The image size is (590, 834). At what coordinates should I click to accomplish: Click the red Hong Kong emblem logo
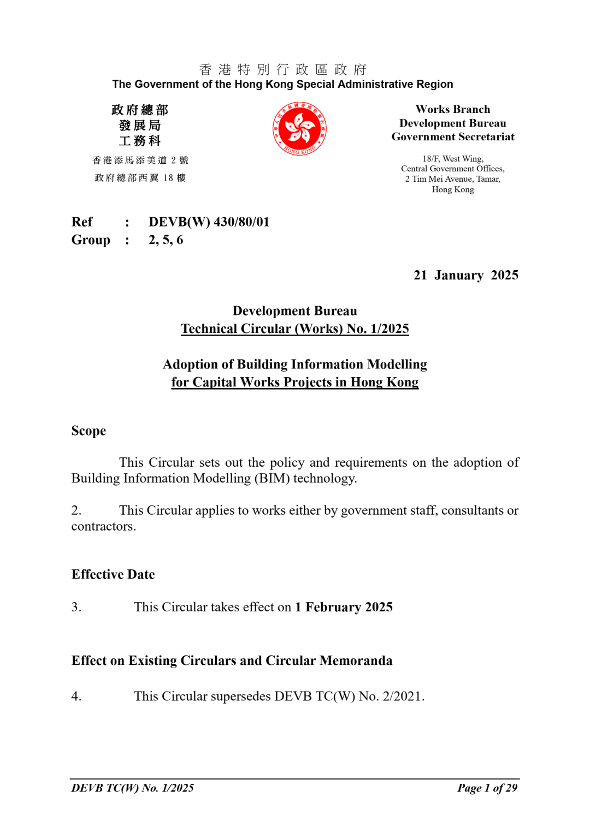point(299,129)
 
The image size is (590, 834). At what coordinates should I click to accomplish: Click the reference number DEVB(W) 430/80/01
point(209,222)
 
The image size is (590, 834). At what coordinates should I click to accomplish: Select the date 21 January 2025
point(465,275)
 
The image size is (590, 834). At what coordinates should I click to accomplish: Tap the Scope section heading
point(88,431)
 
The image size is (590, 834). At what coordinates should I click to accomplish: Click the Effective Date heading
point(113,574)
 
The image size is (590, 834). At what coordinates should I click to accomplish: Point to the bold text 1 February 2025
point(344,607)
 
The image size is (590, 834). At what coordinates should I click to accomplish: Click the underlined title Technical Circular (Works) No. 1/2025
point(295,329)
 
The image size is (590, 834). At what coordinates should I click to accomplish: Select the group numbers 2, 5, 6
point(166,240)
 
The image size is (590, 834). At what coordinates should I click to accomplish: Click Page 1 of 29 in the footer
point(487,788)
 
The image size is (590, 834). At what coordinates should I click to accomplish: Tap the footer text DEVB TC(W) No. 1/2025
point(133,788)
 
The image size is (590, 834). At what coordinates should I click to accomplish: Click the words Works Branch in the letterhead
point(452,109)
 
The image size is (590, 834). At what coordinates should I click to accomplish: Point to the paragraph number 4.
point(76,696)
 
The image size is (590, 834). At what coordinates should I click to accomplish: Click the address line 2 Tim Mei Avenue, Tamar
point(452,179)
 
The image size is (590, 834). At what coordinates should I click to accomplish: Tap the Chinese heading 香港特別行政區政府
point(283,69)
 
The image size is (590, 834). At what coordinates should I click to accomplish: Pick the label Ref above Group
point(82,222)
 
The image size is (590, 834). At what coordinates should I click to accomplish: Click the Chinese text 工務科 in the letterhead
point(140,141)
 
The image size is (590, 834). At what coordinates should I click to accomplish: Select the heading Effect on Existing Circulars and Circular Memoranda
point(232,660)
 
